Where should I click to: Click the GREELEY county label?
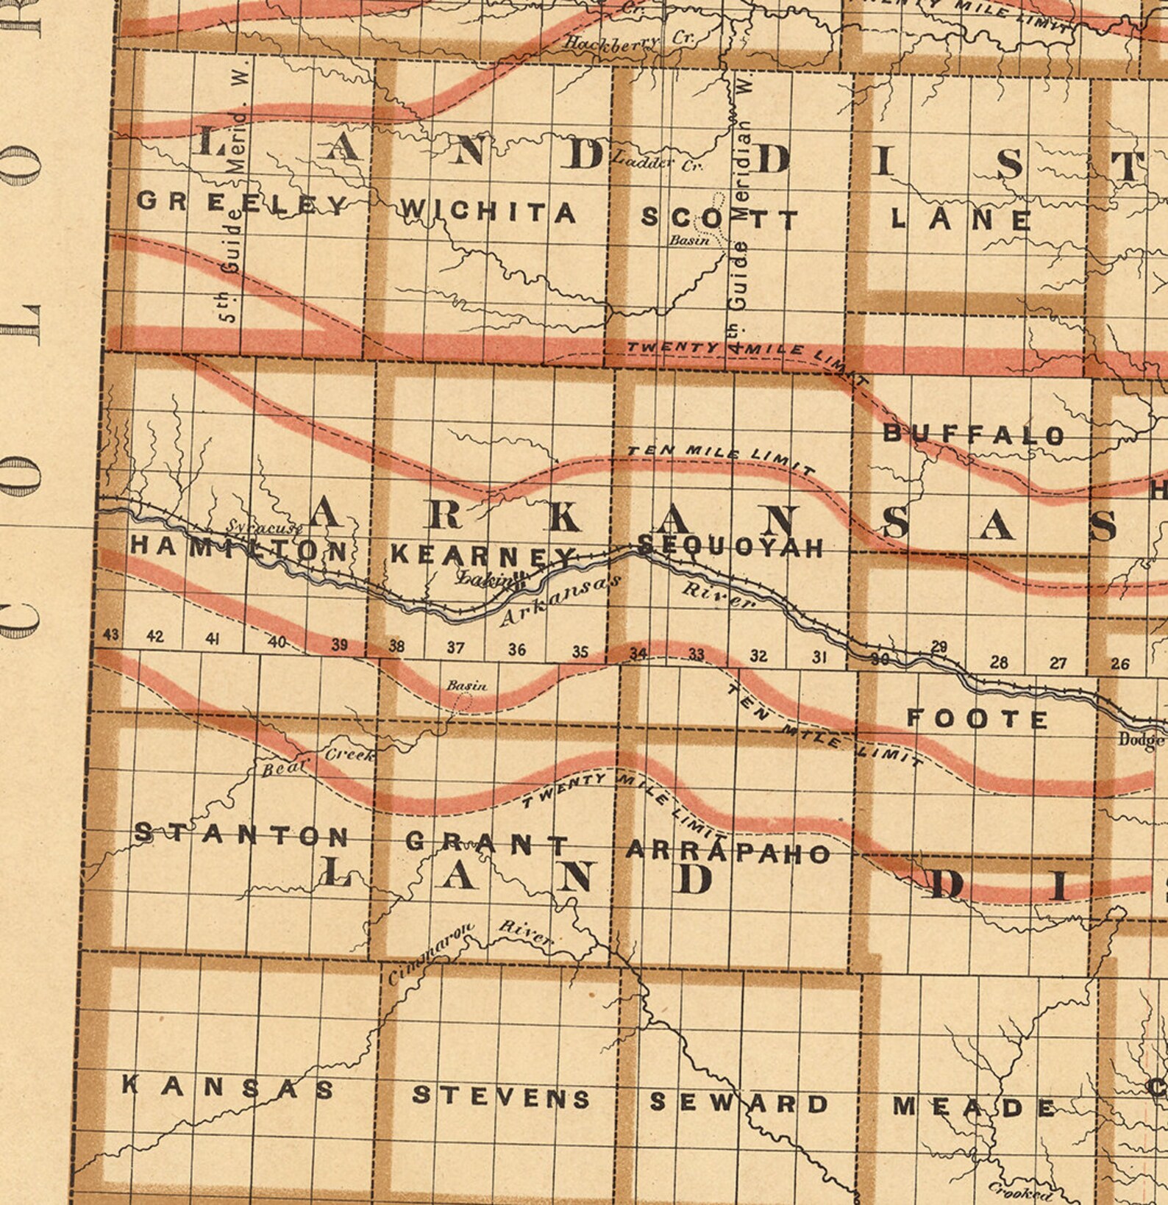point(242,202)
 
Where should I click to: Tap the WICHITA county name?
point(487,212)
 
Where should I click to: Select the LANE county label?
point(961,218)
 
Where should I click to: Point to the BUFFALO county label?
point(973,434)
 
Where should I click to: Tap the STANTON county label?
point(241,834)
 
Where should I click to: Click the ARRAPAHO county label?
point(727,851)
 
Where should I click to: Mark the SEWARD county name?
point(738,1102)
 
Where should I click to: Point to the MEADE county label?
point(974,1106)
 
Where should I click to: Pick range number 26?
point(1119,664)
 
